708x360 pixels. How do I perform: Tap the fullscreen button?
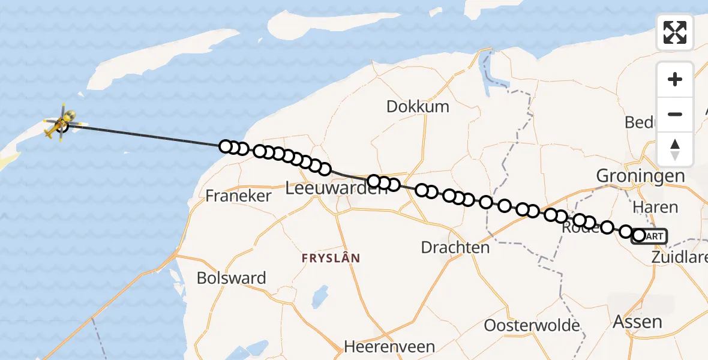(x=675, y=32)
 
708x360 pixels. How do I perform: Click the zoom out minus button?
(x=675, y=114)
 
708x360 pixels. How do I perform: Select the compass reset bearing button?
(x=675, y=149)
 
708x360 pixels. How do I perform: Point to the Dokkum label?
(x=418, y=107)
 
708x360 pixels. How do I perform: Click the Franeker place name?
(x=238, y=196)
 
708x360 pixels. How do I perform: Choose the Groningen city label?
(x=640, y=176)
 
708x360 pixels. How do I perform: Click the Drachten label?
(x=455, y=247)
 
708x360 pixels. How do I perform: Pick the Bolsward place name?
(x=232, y=278)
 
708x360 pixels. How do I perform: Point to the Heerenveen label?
(x=389, y=347)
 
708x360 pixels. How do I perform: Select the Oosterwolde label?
(x=532, y=326)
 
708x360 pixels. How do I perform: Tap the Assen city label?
(x=637, y=322)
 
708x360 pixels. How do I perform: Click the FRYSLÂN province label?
(x=331, y=259)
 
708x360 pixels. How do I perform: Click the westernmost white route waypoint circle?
(x=226, y=146)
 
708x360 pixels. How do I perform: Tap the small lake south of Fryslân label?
(x=320, y=295)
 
